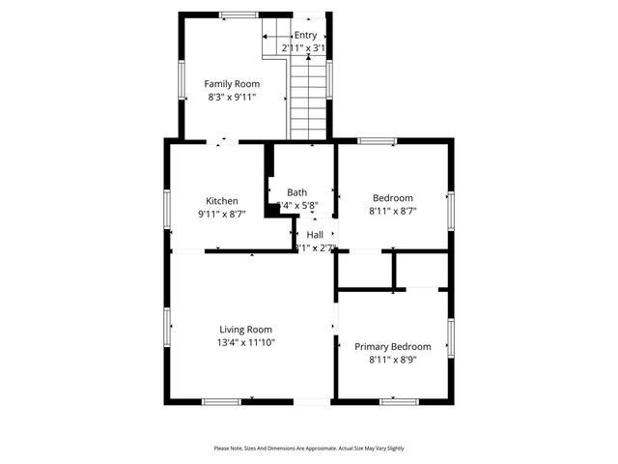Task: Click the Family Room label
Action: coord(232,84)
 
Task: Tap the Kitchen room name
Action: coord(221,201)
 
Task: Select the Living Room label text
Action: coord(245,329)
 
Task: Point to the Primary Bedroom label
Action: coord(392,346)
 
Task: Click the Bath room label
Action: coord(297,192)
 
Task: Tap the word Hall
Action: coord(315,235)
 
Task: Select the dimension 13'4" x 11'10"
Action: coord(245,341)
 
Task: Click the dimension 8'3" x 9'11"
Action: coord(232,97)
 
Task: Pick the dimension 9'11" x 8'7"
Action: coord(221,214)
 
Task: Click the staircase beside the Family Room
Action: coord(309,97)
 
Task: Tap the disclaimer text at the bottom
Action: coord(309,449)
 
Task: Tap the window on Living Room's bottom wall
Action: coord(221,401)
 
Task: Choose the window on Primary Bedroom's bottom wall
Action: coord(399,401)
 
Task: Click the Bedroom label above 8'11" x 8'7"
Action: coord(392,198)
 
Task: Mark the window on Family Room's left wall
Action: coord(182,79)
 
